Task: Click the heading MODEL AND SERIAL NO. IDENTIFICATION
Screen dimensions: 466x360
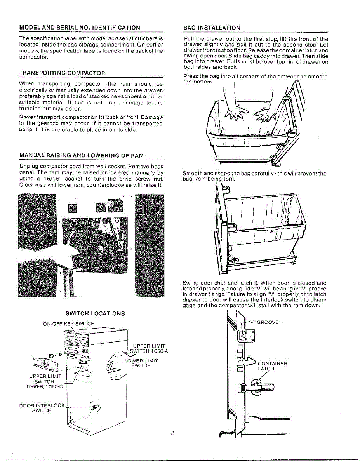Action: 80,28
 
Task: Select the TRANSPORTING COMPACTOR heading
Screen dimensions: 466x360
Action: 62,73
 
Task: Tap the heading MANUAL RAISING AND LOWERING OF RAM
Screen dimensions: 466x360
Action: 82,155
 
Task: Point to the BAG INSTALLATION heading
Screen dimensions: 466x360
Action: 212,28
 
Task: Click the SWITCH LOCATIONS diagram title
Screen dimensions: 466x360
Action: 95,313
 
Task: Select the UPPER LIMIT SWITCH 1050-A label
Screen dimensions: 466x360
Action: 148,349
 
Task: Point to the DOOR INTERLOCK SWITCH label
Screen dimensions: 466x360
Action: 42,408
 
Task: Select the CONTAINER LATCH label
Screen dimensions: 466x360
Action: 272,366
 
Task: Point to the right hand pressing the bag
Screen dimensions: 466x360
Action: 266,114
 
